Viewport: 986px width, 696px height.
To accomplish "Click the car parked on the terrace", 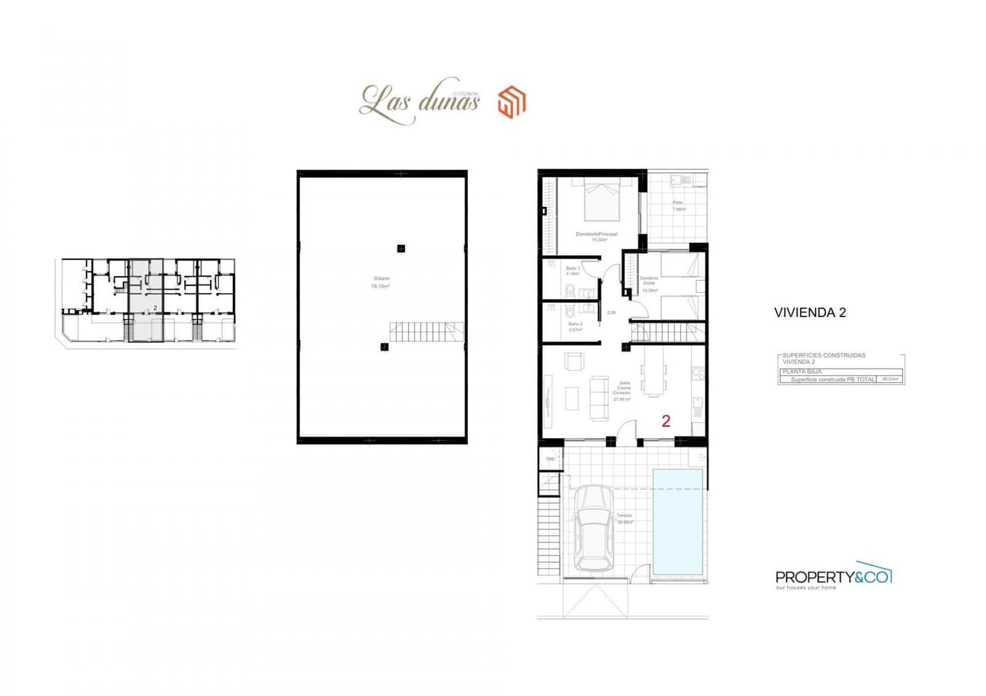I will (x=593, y=528).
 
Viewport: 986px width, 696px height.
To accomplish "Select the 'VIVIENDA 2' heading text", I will (x=810, y=312).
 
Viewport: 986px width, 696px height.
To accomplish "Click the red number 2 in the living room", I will (x=666, y=421).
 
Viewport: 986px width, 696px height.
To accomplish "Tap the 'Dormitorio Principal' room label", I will (x=596, y=234).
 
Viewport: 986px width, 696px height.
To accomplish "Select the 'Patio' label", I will (x=678, y=203).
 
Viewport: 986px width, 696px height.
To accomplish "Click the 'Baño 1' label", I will (x=573, y=269).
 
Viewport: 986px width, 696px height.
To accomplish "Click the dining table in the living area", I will (x=653, y=378).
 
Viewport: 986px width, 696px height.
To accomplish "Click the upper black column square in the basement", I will (x=401, y=249).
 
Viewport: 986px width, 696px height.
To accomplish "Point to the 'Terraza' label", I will (x=624, y=516).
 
